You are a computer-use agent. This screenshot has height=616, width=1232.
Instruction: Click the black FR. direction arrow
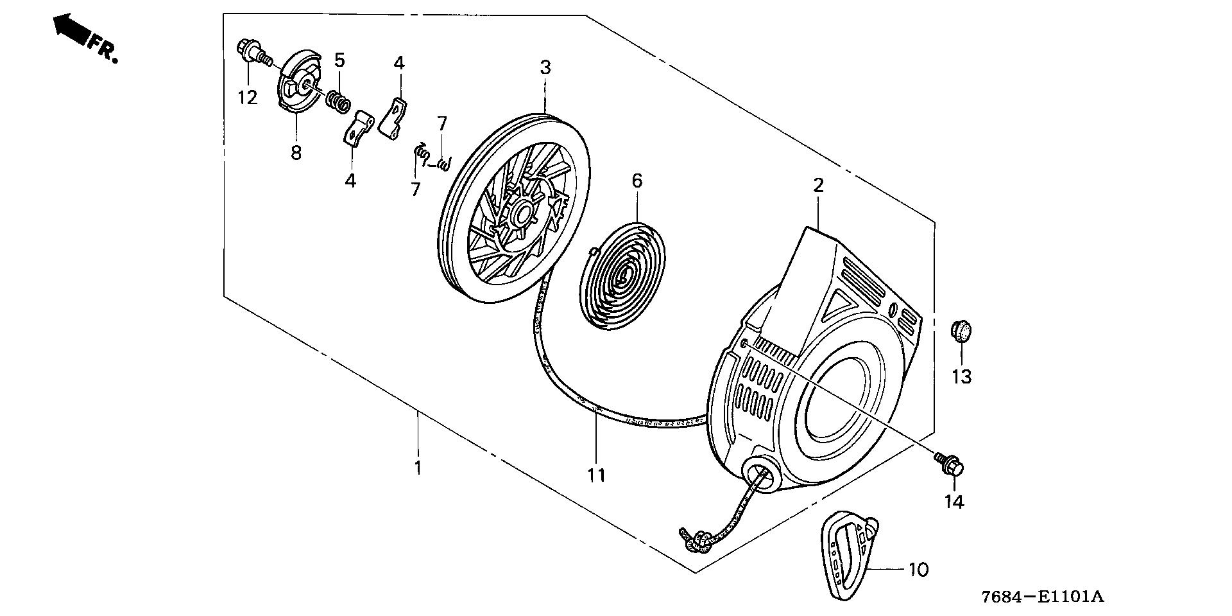coord(71,29)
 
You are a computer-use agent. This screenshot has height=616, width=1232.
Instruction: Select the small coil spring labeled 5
coord(339,100)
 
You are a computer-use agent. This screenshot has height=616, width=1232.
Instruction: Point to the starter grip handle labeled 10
coord(848,553)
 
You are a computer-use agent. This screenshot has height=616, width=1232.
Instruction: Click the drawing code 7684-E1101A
coord(1042,597)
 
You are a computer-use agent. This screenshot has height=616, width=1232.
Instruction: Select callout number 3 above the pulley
coord(545,67)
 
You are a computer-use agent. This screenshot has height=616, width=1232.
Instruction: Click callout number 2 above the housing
coord(818,186)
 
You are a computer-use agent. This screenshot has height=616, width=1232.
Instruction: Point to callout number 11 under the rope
coord(596,475)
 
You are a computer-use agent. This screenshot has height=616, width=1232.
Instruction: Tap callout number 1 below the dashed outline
coord(418,467)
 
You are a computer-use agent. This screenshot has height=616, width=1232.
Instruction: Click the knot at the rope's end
coord(695,541)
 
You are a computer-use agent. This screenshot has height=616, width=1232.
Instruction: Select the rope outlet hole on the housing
coord(761,475)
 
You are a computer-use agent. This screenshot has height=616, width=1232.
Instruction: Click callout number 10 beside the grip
coord(918,569)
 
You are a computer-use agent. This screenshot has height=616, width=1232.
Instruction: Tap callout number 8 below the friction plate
coord(296,153)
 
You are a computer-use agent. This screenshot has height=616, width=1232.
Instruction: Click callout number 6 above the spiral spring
coord(637,180)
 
